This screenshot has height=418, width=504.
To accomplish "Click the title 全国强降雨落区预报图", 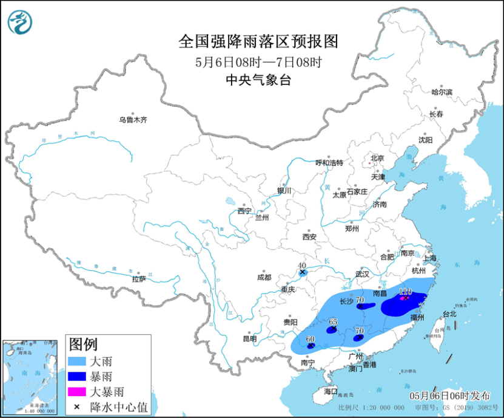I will pos(258,42).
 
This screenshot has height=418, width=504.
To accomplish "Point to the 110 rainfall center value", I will pos(406,292).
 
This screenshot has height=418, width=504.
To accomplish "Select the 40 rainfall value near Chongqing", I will pos(302,266).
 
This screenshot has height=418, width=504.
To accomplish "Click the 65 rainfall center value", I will pos(333,322).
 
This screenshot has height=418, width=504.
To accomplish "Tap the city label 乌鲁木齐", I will pos(133,120).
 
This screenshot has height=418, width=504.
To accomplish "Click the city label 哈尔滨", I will pos(442,92).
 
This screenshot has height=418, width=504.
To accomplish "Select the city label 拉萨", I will pos(138,279).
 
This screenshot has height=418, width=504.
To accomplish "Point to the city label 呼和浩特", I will pos(329,163).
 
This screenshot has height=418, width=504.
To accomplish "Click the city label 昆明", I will pos(249,338).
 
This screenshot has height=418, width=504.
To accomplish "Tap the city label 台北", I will pos(448,314).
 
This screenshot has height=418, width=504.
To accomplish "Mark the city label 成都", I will pos(264,278).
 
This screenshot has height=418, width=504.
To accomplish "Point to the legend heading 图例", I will pos(84,345).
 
